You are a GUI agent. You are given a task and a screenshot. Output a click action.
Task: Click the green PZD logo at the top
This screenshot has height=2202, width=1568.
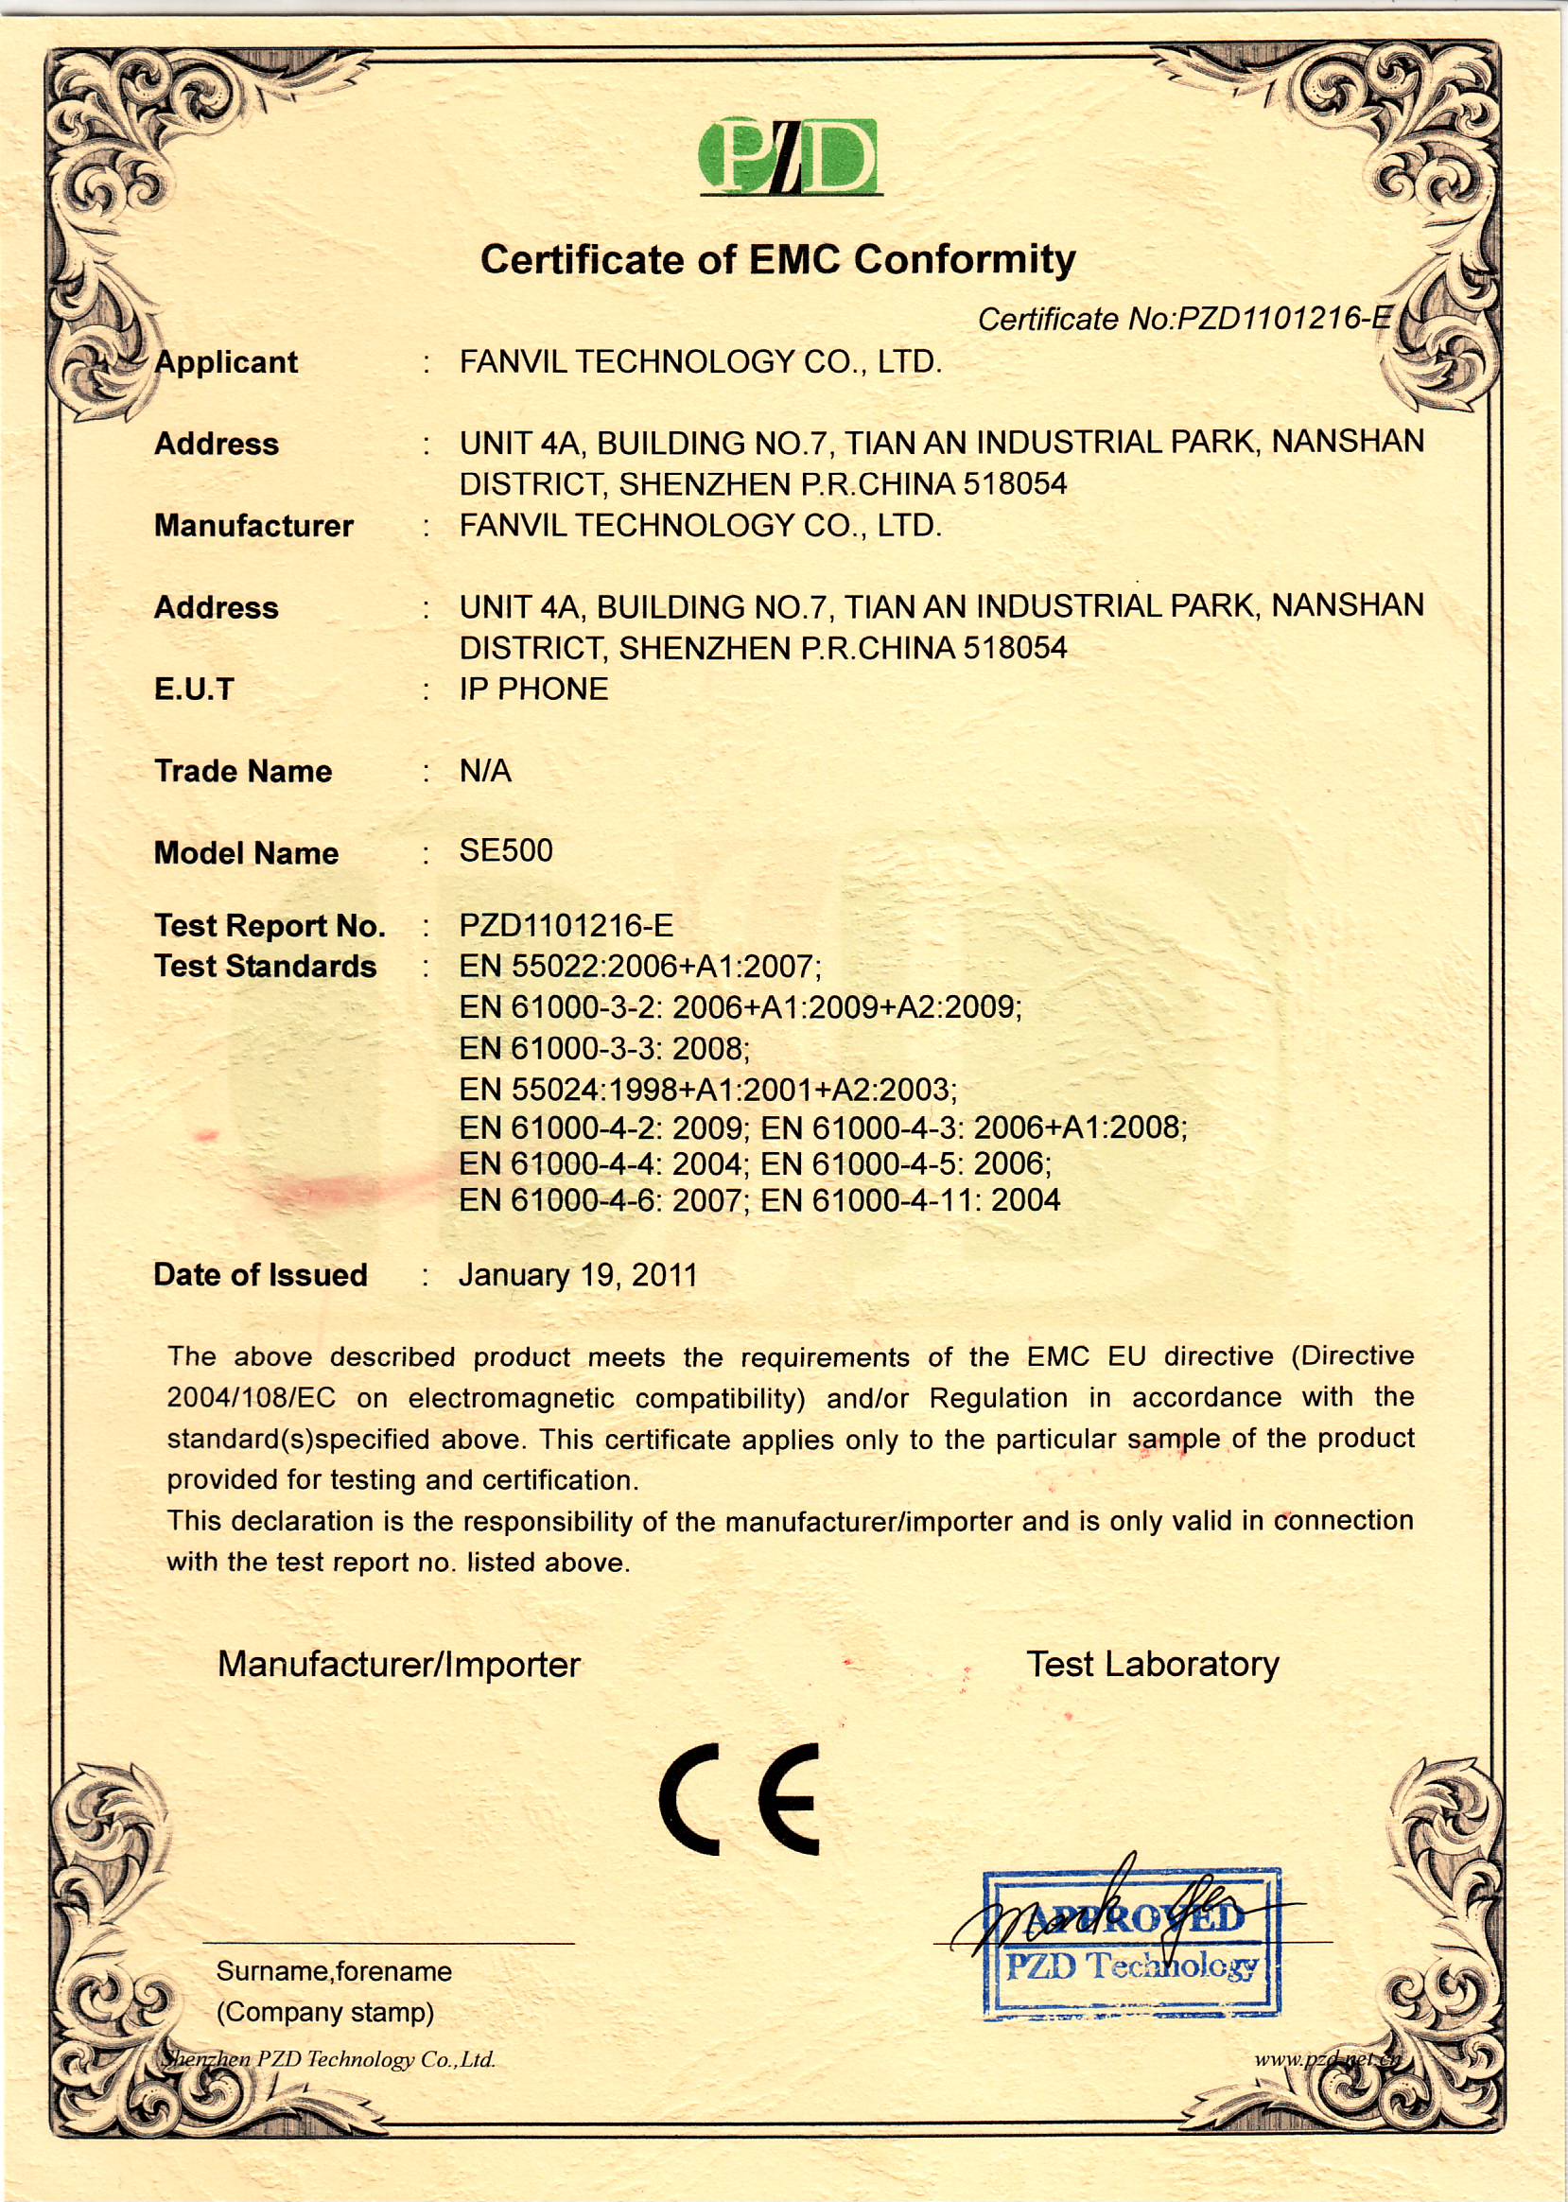point(789,156)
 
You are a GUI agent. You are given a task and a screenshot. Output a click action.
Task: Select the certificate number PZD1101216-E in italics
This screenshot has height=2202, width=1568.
point(1185,319)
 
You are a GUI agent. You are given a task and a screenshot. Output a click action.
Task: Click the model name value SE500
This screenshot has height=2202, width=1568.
point(506,851)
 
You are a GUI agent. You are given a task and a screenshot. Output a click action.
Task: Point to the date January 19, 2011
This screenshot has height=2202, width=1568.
point(578,1275)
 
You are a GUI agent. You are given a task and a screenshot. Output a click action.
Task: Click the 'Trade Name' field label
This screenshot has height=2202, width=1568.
point(242,771)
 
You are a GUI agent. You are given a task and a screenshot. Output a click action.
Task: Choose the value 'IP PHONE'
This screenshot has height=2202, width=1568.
point(534,689)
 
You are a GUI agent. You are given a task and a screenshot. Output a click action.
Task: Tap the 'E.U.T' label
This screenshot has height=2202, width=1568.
point(194,689)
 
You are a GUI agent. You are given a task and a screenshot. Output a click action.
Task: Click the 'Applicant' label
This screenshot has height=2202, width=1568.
point(226,362)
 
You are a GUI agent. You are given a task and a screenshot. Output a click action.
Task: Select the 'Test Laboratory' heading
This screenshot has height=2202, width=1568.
point(1153,1664)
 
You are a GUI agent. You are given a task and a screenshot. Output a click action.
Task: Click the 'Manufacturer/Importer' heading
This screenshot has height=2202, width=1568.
point(399,1664)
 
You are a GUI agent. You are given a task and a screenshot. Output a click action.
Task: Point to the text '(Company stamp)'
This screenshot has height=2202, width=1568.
point(325,2012)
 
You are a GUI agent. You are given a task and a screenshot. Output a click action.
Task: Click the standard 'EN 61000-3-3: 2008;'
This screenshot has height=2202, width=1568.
point(604,1049)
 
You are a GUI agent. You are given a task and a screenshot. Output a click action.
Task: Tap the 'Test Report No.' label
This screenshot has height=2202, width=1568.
point(270,925)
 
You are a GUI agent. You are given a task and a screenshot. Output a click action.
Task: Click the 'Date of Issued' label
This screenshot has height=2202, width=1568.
point(261,1275)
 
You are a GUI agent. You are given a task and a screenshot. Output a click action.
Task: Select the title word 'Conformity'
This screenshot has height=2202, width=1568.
point(965,259)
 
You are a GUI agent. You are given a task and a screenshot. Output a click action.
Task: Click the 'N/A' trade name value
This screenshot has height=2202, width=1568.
point(486,771)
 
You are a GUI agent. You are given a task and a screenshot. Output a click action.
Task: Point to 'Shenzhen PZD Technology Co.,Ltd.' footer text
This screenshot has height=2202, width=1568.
point(328,2060)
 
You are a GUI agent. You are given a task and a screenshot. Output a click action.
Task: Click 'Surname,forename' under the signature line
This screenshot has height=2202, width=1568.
point(334,1971)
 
